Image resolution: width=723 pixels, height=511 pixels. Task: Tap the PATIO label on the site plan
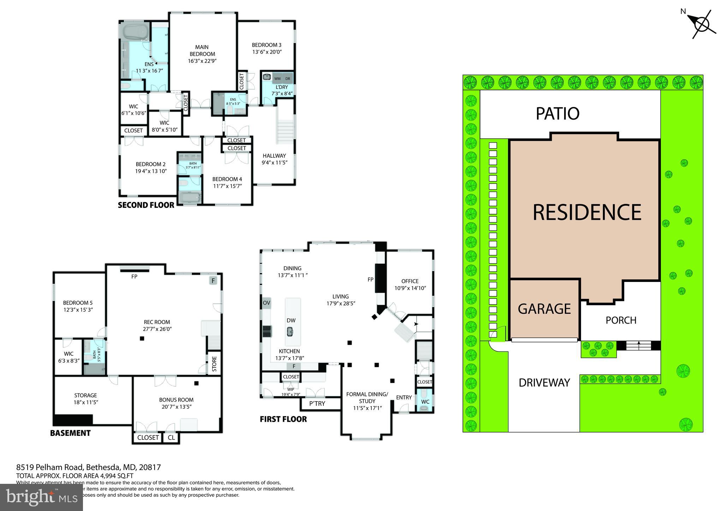coord(557,114)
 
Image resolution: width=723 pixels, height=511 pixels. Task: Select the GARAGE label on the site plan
coord(544,309)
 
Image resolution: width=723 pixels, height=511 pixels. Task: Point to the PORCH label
coord(621,320)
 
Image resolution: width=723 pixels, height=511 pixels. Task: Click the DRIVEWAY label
coord(544,383)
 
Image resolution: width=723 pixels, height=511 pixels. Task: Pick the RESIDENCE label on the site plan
coord(586,212)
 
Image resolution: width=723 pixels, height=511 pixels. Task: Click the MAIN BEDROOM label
coord(202,50)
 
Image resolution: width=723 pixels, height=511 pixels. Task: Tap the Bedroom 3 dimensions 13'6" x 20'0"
coord(267,52)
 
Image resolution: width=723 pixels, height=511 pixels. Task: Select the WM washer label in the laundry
coord(277,78)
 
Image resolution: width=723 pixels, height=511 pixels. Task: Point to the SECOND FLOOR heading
coord(146,205)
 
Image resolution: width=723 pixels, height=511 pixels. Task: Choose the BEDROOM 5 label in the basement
coord(78,303)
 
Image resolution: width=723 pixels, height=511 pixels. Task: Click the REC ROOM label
coord(157,322)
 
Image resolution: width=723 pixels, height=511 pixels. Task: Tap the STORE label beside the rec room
coord(214,364)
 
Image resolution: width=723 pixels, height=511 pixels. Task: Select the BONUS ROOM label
coord(176,400)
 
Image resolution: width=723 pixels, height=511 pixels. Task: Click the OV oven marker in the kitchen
coord(267,303)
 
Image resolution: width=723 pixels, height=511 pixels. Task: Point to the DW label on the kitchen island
coord(291,320)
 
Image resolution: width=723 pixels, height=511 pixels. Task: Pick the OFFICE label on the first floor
coord(410,281)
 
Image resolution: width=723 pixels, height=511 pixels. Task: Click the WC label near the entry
coord(425,402)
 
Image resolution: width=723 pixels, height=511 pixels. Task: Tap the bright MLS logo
coord(41,497)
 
